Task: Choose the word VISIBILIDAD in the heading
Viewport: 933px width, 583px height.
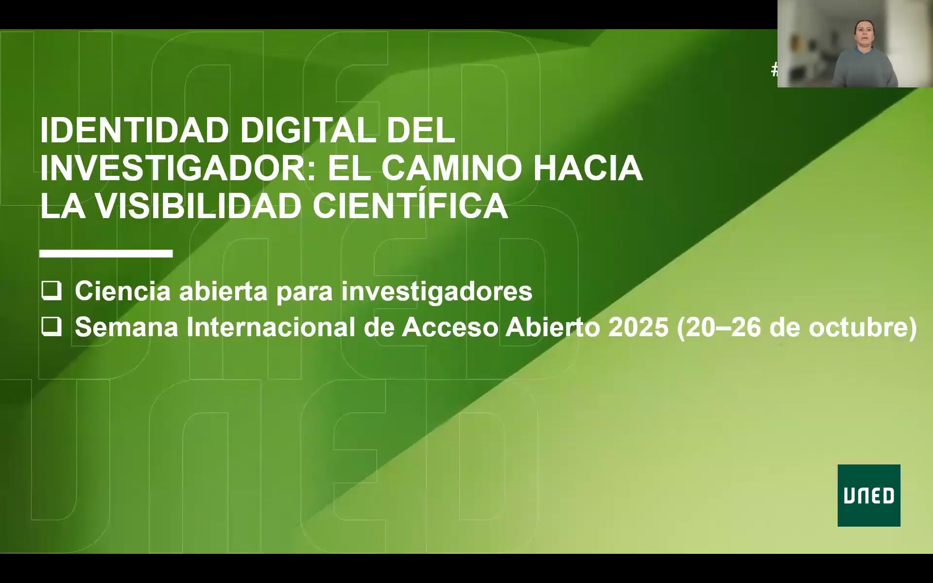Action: (198, 206)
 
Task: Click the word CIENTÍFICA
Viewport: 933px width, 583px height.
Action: (410, 206)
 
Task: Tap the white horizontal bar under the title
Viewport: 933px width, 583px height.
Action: (106, 253)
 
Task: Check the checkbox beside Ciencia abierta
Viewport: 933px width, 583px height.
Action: (52, 291)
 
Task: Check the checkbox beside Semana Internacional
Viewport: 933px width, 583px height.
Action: (52, 327)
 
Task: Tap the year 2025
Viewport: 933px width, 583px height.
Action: (638, 327)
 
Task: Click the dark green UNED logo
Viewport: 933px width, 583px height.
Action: (868, 495)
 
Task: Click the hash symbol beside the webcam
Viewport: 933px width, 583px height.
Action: (774, 70)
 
